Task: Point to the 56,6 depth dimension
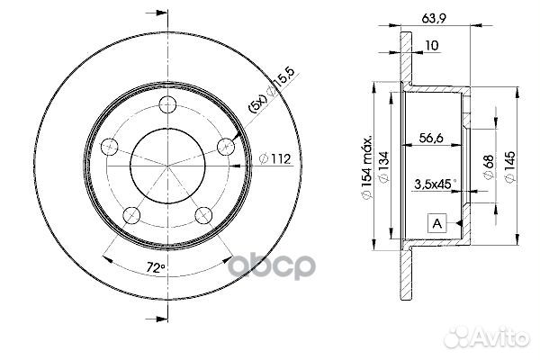point(433,139)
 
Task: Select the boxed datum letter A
point(436,222)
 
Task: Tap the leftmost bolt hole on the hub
point(109,147)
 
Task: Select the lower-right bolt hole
point(204,213)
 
